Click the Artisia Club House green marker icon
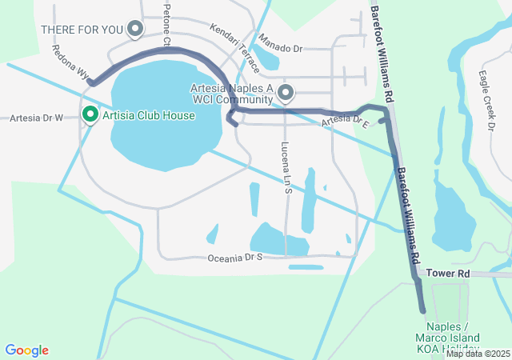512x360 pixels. tap(90, 116)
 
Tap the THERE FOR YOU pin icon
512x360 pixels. tap(135, 29)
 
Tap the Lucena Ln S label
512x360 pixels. tap(286, 168)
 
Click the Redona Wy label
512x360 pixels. tap(70, 61)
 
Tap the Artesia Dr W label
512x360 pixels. tap(36, 118)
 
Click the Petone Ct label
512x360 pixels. tap(167, 24)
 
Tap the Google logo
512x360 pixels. tap(26, 350)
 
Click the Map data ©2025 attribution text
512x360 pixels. tap(478, 354)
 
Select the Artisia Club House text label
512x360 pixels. tap(148, 116)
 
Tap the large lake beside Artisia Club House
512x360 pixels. tap(164, 112)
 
